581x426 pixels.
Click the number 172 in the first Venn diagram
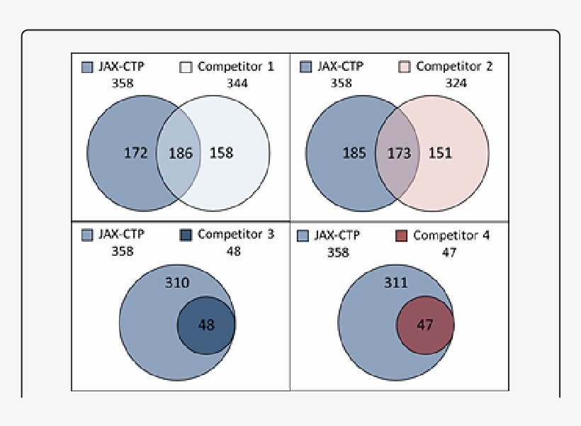point(135,152)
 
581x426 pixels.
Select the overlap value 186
point(181,153)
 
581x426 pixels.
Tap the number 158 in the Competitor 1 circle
point(221,152)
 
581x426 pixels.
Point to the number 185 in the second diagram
point(354,152)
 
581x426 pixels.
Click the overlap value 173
point(399,153)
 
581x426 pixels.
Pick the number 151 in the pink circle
point(440,152)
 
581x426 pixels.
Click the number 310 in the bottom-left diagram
point(177,283)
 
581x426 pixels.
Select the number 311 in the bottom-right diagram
point(395,283)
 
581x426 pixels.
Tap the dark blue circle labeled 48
point(205,325)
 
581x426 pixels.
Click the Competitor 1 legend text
point(235,67)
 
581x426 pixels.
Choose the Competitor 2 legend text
point(454,67)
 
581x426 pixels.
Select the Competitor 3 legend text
point(235,235)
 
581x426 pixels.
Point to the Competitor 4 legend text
point(451,235)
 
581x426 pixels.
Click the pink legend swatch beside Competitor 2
point(405,67)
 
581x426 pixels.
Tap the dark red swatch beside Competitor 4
point(402,235)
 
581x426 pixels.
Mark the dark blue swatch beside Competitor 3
point(186,235)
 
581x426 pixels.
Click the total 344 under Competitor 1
point(237,83)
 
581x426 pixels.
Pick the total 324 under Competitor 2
point(456,83)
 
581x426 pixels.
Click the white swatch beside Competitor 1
point(186,67)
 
